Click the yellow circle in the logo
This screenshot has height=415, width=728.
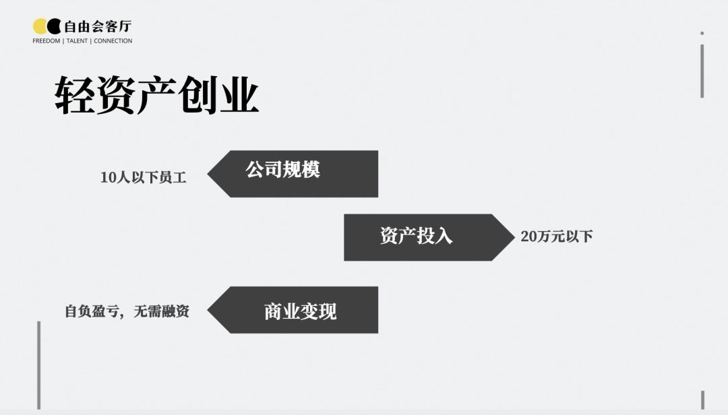click(x=39, y=26)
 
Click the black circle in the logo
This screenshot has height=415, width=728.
click(x=55, y=26)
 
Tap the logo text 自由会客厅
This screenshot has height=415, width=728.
click(x=98, y=26)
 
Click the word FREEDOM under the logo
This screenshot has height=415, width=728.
click(x=47, y=41)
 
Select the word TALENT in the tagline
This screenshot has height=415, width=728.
click(x=77, y=41)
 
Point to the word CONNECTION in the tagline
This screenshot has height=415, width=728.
click(x=113, y=41)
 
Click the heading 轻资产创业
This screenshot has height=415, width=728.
click(x=156, y=95)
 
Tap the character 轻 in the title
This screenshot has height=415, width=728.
click(x=75, y=95)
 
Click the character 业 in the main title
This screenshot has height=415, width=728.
click(x=239, y=95)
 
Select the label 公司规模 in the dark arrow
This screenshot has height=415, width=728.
click(x=282, y=169)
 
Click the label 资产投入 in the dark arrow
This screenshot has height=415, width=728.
click(x=416, y=236)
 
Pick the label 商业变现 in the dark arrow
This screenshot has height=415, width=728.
click(x=300, y=311)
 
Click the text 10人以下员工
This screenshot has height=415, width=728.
click(x=143, y=177)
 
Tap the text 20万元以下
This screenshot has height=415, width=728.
click(x=557, y=236)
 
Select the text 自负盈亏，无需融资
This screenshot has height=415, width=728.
click(x=127, y=311)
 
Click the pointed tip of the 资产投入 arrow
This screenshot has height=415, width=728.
click(x=514, y=237)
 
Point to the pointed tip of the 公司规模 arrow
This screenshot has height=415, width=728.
click(x=208, y=174)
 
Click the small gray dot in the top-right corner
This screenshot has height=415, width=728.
click(x=702, y=34)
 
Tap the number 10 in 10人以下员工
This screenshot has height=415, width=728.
click(x=108, y=177)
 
